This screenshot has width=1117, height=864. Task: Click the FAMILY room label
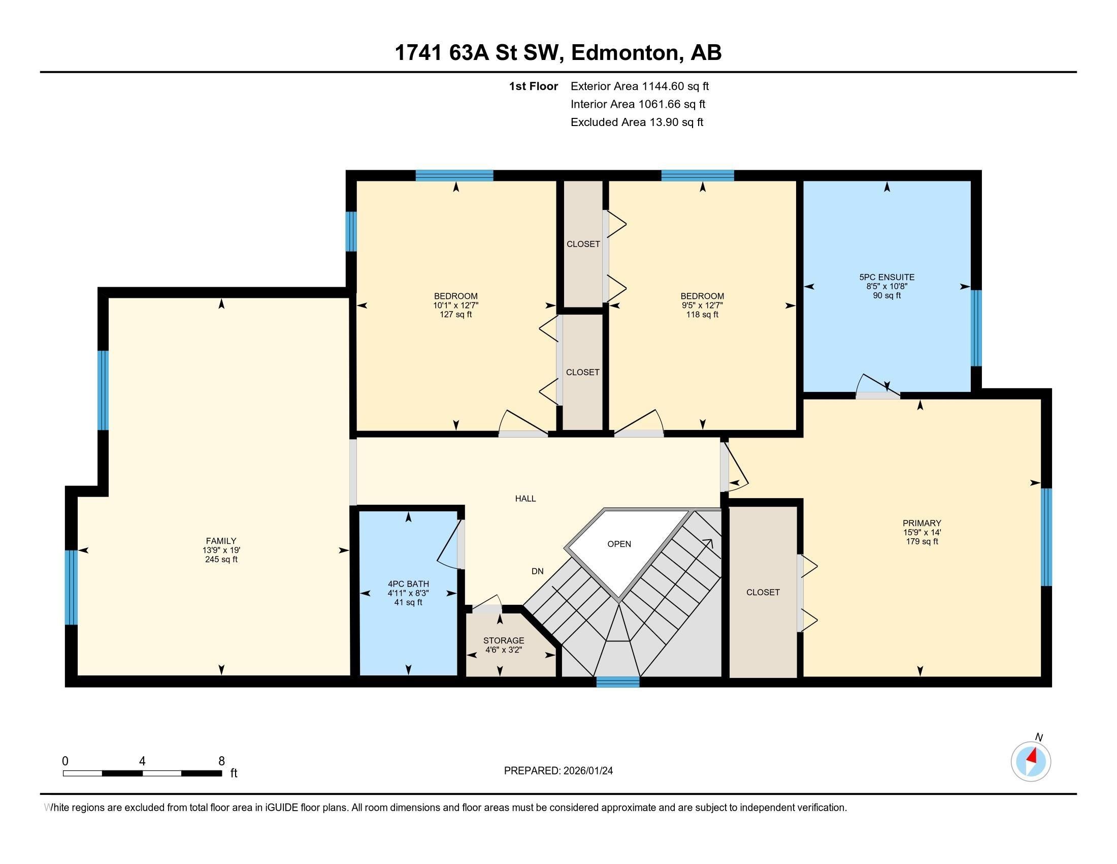221,541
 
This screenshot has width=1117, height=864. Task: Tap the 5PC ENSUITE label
886,277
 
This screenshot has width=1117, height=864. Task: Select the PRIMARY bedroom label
922,522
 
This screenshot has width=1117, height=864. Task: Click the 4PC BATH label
408,583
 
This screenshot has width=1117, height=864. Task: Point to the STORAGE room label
503,640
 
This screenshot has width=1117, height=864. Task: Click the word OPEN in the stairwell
619,544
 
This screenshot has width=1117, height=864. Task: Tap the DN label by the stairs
537,571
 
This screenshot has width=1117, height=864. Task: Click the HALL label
525,499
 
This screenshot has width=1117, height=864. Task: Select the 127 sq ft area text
455,314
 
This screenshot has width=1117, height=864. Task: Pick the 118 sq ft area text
702,314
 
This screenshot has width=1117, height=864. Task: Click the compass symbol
1031,761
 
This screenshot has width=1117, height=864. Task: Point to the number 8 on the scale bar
221,761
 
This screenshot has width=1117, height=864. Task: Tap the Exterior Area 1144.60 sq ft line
639,86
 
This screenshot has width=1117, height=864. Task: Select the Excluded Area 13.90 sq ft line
637,122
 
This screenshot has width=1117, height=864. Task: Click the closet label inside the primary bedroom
763,592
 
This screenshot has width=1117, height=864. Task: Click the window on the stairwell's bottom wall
618,681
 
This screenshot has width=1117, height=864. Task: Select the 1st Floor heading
533,86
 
